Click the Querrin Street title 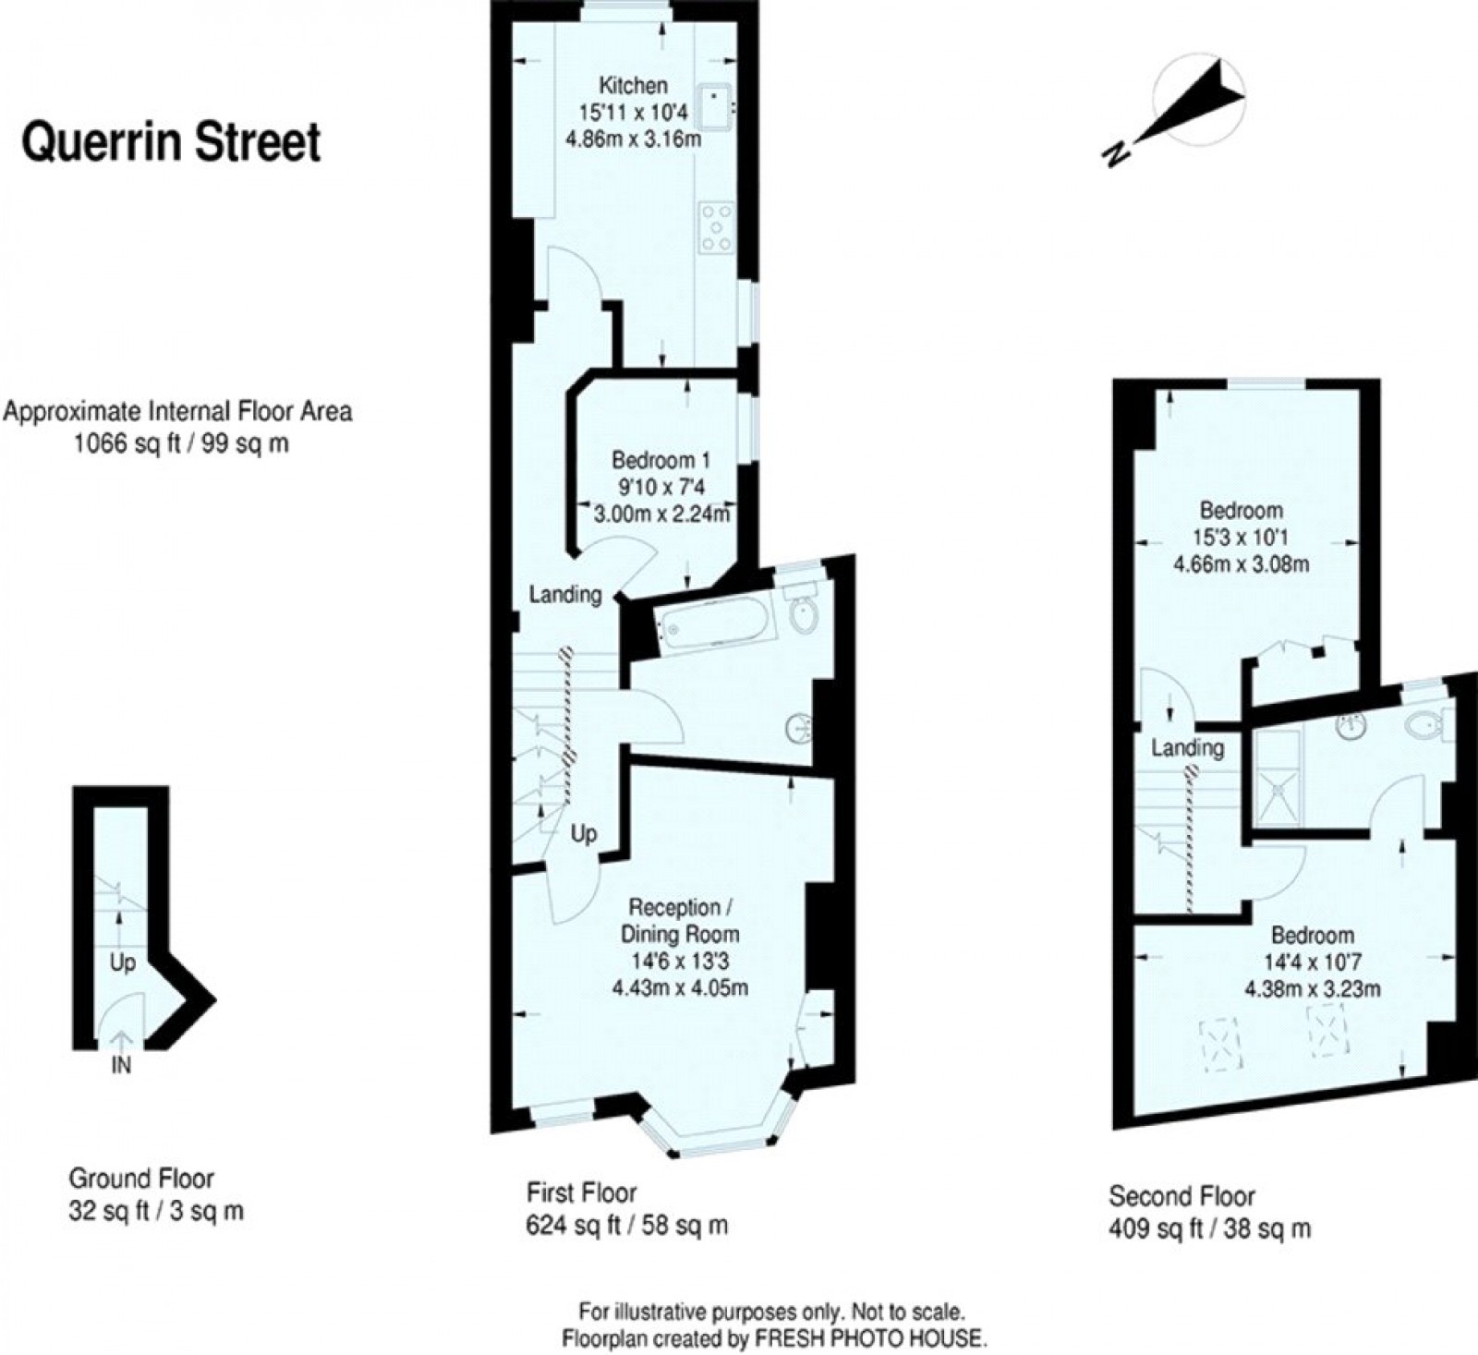point(171,143)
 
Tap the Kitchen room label point(633,86)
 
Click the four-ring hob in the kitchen point(717,227)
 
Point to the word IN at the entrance point(121,1065)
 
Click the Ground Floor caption point(141,1179)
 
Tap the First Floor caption point(581,1192)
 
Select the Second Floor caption point(1181,1197)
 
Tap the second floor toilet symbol point(1424,725)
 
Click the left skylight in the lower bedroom point(1218,1041)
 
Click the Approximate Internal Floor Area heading point(178,411)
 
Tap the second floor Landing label point(1187,747)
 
